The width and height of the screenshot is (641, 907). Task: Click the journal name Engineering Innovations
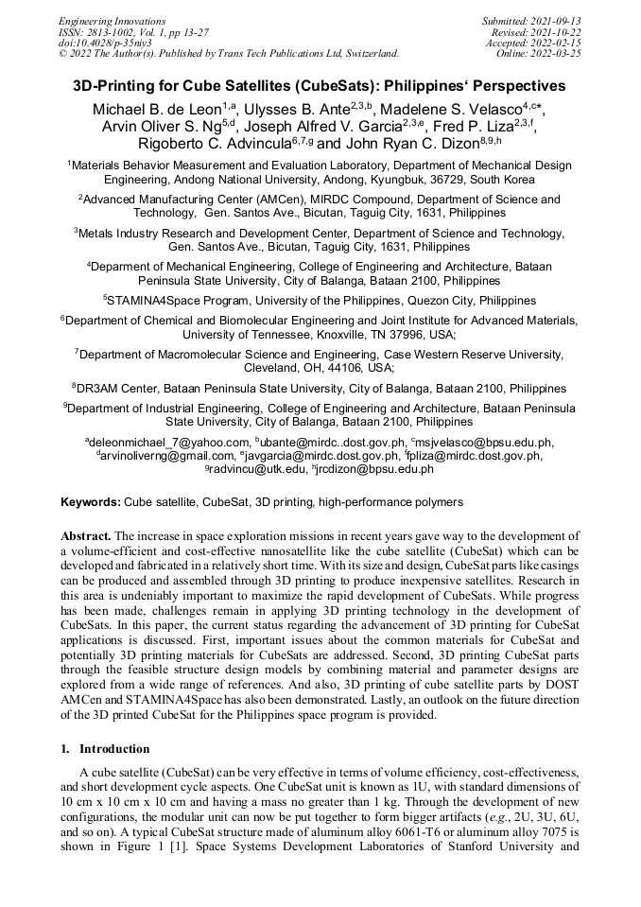112,21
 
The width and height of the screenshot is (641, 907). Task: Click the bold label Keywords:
91,501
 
